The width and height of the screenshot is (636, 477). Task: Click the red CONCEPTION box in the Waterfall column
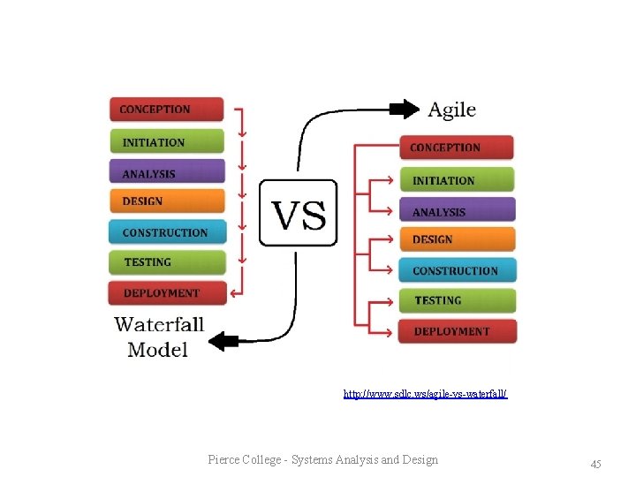166,110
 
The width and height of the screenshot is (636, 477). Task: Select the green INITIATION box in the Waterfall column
166,141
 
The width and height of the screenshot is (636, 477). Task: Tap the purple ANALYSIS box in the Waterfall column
166,173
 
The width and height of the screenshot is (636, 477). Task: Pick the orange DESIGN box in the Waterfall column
166,201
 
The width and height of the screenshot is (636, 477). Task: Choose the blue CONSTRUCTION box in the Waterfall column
166,232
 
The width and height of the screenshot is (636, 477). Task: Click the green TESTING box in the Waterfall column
166,262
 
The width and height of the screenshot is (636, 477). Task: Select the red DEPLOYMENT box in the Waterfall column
166,292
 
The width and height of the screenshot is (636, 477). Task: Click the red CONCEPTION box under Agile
456,148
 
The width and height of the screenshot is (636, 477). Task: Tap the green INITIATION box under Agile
456,180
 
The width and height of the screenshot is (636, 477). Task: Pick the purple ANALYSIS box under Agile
456,211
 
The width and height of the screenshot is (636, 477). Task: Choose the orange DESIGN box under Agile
456,239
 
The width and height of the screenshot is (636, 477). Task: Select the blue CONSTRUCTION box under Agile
456,270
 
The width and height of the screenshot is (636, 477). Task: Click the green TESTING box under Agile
456,300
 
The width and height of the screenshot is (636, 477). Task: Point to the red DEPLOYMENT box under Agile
456,331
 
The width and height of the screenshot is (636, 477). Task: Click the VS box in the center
298,213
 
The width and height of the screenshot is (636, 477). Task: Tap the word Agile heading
451,110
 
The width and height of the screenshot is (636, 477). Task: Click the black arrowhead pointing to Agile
405,109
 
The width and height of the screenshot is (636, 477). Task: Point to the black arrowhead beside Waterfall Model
228,340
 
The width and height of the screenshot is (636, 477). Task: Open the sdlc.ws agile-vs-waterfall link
425,394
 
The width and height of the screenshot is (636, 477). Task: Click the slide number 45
595,464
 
